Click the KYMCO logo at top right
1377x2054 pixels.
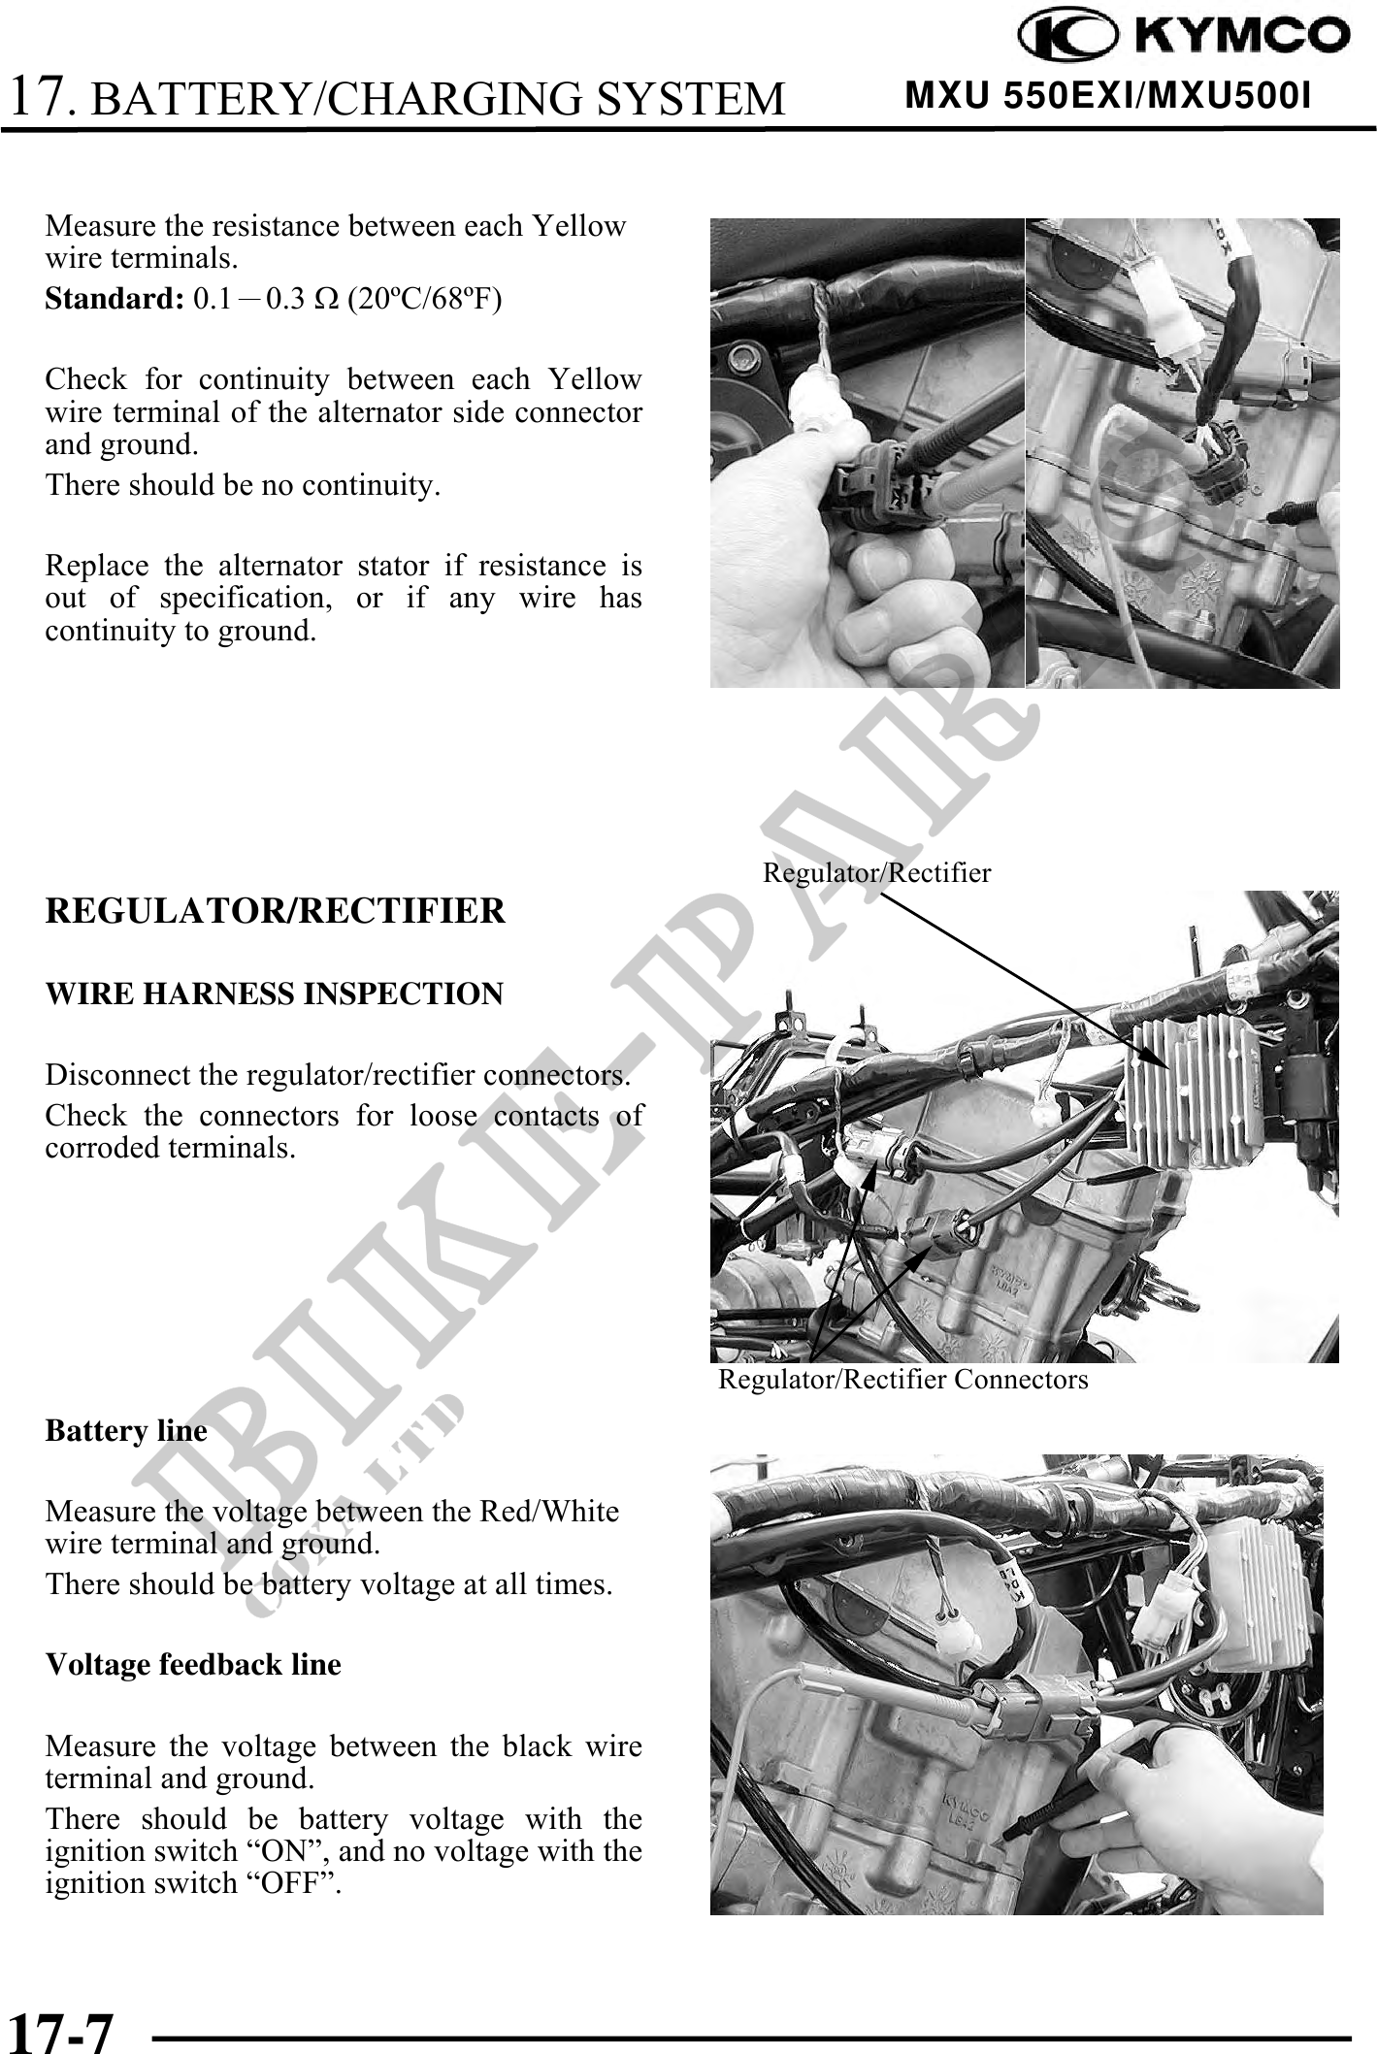click(1183, 37)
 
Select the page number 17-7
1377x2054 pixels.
click(60, 2028)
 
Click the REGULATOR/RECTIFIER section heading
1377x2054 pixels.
click(275, 911)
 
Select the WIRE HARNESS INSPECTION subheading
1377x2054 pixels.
click(274, 994)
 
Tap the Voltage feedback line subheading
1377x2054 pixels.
click(193, 1664)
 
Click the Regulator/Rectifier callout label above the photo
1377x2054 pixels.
click(876, 872)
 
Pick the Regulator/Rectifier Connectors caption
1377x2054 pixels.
click(902, 1379)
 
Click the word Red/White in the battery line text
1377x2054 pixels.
click(563, 1512)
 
